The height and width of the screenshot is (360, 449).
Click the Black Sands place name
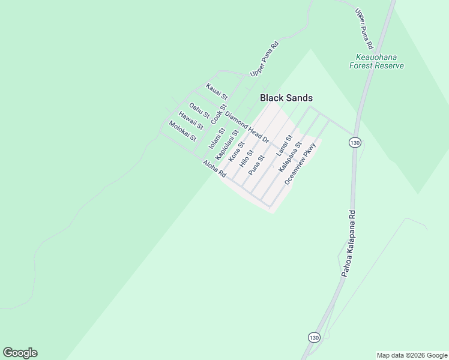286,98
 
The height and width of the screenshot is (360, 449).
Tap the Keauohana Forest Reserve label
377,61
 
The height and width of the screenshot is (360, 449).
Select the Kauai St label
217,92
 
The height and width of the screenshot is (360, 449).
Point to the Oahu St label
199,110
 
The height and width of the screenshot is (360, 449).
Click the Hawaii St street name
191,120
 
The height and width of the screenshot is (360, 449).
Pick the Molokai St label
182,130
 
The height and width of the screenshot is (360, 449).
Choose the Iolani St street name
216,139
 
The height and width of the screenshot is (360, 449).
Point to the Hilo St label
247,158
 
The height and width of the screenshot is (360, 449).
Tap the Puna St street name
257,163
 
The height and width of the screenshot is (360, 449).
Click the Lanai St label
285,146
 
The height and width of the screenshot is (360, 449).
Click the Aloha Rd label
214,169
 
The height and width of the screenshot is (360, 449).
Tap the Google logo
20,353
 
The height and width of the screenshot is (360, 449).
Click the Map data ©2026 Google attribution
412,355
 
